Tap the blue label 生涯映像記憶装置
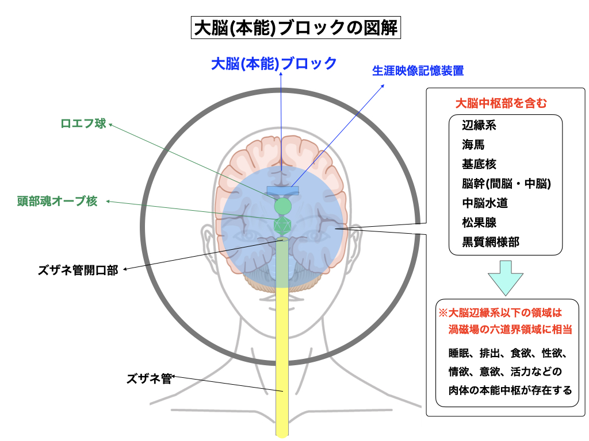[x=418, y=71]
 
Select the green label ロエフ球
[x=83, y=123]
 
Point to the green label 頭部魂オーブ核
[x=57, y=201]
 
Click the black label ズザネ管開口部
[x=79, y=270]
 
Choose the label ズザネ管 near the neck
[x=149, y=378]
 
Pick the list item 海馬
[x=473, y=145]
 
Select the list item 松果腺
[x=479, y=222]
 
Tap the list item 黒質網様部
[x=491, y=242]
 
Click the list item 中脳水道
[x=485, y=203]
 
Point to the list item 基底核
[x=479, y=164]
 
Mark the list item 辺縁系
[x=479, y=125]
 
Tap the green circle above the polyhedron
[x=283, y=205]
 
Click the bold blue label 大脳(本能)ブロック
[x=274, y=63]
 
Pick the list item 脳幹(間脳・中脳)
[x=507, y=184]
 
